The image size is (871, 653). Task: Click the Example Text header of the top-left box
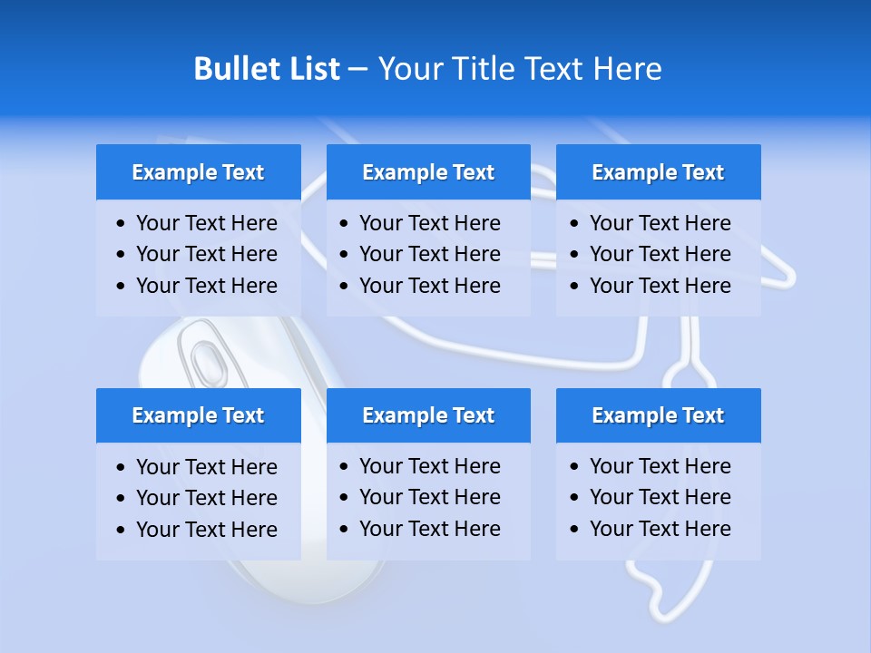coord(198,172)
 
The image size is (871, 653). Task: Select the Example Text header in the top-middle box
coord(428,172)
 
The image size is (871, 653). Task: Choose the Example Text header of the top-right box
coord(658,172)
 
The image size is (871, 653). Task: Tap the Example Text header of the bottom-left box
coord(198,415)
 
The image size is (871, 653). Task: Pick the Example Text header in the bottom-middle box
coord(428,415)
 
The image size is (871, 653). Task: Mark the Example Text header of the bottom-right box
coord(658,415)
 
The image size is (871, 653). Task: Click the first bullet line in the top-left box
coord(206,223)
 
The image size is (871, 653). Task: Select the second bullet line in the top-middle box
coord(429,254)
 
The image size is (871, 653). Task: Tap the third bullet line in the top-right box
coord(660,286)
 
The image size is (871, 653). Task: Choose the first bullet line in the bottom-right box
coord(660,466)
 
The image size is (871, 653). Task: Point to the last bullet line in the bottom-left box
coord(206,530)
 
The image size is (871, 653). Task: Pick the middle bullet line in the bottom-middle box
coord(429,497)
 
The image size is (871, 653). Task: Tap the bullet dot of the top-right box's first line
coord(575,224)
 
